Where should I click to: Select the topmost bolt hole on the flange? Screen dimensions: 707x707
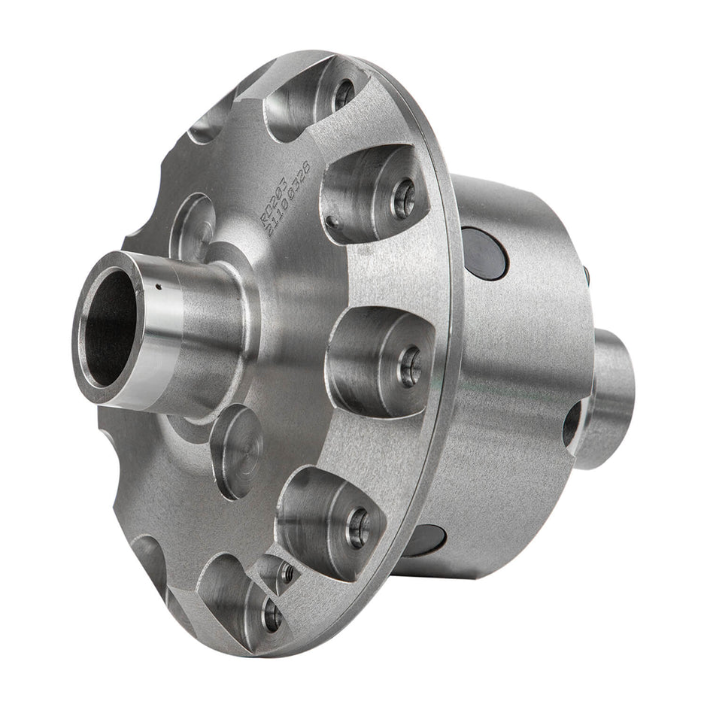[344, 93]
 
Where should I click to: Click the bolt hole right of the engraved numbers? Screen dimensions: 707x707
[404, 200]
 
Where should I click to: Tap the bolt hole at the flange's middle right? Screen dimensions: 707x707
[410, 368]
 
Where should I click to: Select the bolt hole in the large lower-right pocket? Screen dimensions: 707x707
[358, 527]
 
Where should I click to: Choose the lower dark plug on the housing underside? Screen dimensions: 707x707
[426, 540]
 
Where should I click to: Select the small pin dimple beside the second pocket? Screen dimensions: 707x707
[332, 222]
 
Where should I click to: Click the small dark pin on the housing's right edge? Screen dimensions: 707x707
[586, 275]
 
